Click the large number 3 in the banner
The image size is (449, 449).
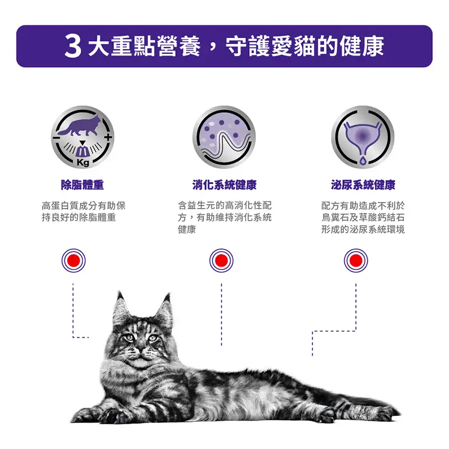point(74,46)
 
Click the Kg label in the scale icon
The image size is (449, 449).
point(83,162)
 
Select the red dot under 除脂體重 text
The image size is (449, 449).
point(73,260)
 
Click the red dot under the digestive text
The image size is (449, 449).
point(221,260)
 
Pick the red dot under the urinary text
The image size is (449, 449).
point(355,260)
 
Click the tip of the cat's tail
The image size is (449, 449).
point(396,414)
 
